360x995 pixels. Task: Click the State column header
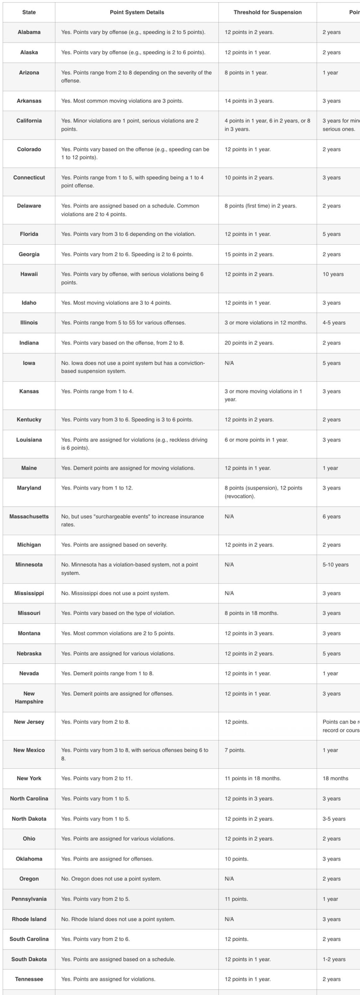(29, 12)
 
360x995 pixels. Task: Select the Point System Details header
(137, 12)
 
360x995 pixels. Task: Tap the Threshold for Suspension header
(267, 12)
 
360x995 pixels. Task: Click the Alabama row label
(29, 33)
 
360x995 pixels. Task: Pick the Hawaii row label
(29, 274)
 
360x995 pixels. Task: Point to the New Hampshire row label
(29, 698)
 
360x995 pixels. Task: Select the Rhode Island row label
(29, 919)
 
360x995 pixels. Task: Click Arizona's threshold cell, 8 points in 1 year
(246, 73)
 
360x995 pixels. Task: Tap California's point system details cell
(130, 125)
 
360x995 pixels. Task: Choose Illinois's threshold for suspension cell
(266, 323)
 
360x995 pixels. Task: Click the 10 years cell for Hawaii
(333, 274)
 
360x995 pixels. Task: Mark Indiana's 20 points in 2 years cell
(249, 343)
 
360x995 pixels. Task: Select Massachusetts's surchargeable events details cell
(133, 520)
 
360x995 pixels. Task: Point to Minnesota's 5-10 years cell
(335, 565)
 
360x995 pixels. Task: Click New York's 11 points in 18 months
(253, 778)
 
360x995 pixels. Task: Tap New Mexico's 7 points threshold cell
(235, 750)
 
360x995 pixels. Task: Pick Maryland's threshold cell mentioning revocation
(263, 492)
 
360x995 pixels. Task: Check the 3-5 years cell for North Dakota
(334, 819)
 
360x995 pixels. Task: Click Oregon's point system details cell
(111, 879)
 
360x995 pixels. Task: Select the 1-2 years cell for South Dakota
(334, 959)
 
